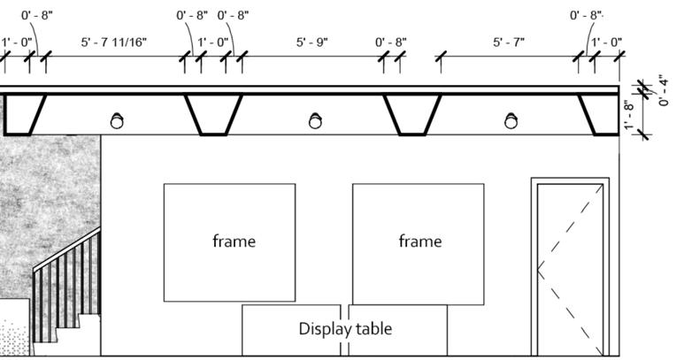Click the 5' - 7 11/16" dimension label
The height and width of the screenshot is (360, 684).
pos(114,42)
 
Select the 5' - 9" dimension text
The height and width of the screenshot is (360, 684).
pos(311,42)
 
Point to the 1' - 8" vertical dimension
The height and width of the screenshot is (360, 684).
pos(629,115)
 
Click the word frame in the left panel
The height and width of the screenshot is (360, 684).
pos(234,241)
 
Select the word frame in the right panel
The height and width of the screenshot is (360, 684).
pos(419,241)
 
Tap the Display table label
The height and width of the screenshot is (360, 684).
pos(345,329)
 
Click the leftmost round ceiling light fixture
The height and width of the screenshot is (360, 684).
pos(116,121)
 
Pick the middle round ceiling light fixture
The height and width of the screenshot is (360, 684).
pos(315,121)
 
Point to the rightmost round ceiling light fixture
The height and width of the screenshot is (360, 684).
pos(511,121)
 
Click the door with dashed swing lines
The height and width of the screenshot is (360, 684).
pos(570,265)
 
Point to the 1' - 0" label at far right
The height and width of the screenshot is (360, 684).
pos(606,42)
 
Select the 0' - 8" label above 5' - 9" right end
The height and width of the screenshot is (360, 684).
pos(390,42)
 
